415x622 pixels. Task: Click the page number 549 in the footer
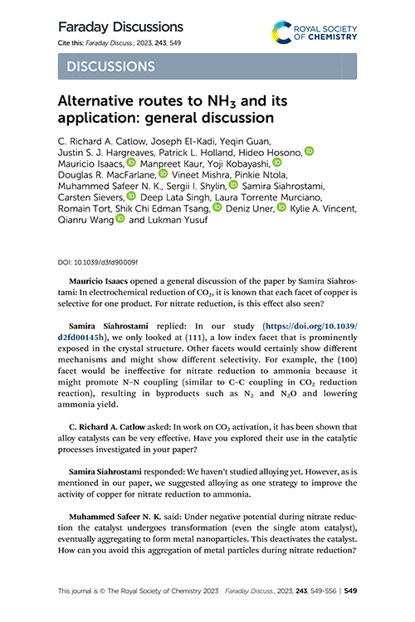coord(350,591)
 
